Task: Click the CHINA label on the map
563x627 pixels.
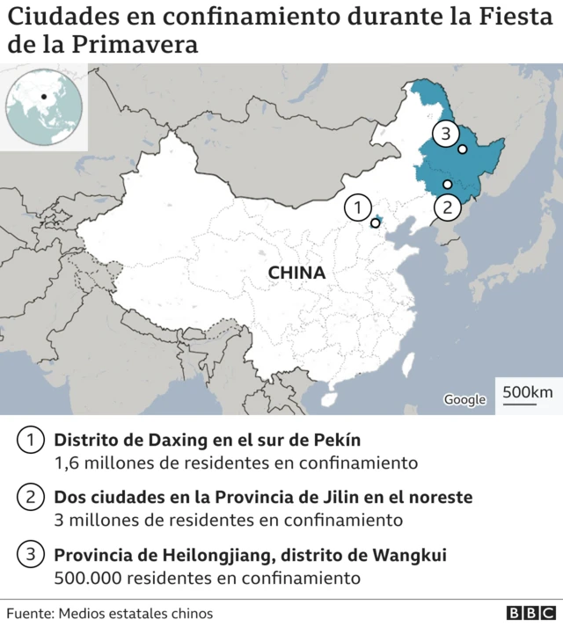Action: point(296,273)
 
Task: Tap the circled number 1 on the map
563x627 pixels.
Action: point(357,208)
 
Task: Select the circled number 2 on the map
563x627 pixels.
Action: point(447,208)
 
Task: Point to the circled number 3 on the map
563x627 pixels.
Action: point(446,135)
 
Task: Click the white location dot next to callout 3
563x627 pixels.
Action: point(463,149)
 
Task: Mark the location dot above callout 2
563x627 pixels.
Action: point(448,184)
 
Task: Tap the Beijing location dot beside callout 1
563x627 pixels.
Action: point(376,223)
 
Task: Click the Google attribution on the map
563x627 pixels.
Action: point(464,399)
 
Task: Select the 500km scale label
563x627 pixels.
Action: point(528,391)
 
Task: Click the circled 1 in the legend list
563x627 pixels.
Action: point(32,441)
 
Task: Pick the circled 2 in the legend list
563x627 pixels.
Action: point(32,498)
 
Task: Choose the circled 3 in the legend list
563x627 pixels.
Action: point(32,555)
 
